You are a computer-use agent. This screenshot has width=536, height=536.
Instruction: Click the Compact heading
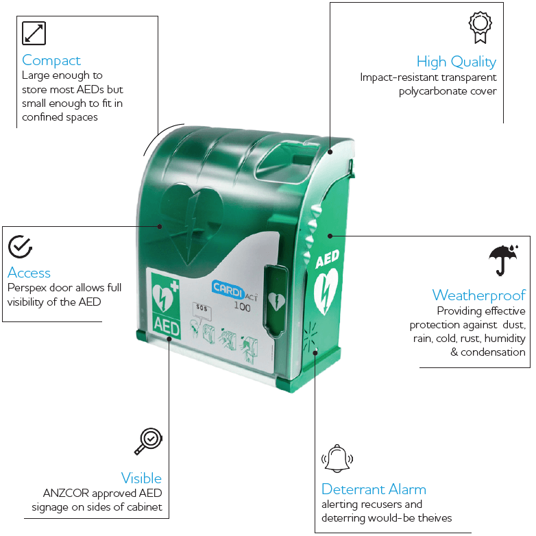[x=51, y=61]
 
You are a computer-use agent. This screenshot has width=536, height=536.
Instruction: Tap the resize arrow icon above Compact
[x=34, y=33]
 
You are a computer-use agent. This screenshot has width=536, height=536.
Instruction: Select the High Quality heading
[x=456, y=62]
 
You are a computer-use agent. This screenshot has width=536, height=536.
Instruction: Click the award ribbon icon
[x=480, y=27]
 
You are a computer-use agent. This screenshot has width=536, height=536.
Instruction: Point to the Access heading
[x=29, y=273]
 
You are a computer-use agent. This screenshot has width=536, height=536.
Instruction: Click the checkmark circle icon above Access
[x=20, y=247]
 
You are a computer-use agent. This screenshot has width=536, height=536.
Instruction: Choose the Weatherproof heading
[x=479, y=295]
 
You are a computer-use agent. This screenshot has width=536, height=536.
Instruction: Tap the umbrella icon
[x=504, y=260]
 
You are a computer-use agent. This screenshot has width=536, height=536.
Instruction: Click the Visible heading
[x=141, y=478]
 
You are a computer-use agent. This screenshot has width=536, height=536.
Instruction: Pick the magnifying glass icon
[x=148, y=441]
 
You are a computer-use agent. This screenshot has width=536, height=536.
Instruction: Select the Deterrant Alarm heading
[x=374, y=489]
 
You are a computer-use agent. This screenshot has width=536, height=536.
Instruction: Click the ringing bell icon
[x=337, y=459]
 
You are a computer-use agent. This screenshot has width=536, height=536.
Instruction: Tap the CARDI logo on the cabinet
[x=228, y=289]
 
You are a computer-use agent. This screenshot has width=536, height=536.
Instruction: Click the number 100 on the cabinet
[x=242, y=306]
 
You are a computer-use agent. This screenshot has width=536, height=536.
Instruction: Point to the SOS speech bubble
[x=202, y=310]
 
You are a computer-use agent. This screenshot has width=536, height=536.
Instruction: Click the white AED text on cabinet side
[x=327, y=259]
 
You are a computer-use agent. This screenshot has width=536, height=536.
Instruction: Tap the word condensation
[x=493, y=352]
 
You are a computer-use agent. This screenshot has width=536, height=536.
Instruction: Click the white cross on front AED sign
[x=175, y=286]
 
